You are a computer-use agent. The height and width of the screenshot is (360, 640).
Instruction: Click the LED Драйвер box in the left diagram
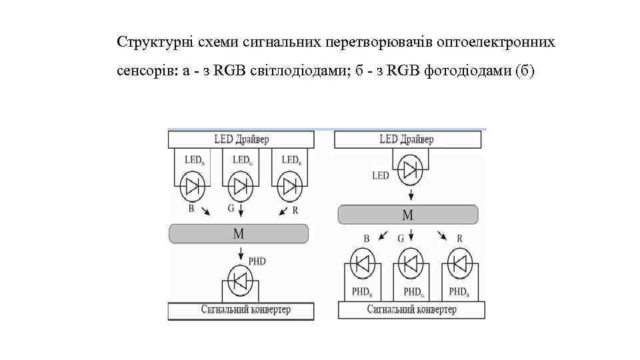click(x=241, y=140)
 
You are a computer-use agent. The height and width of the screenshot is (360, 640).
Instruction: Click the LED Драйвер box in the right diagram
click(x=407, y=140)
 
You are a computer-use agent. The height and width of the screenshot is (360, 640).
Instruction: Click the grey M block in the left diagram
click(x=239, y=233)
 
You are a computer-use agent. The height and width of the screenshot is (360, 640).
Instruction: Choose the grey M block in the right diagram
click(x=407, y=215)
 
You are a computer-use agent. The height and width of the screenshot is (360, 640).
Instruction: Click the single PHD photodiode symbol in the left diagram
click(x=240, y=280)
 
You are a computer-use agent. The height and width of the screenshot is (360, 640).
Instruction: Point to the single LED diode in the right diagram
click(x=409, y=169)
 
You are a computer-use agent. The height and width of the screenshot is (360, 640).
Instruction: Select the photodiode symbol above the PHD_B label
click(x=362, y=264)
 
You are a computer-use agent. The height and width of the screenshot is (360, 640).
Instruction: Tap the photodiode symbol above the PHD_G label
click(x=410, y=264)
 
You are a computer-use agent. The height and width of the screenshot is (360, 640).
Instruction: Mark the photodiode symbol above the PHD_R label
click(x=458, y=264)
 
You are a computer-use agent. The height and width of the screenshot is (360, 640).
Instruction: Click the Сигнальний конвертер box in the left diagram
click(x=241, y=311)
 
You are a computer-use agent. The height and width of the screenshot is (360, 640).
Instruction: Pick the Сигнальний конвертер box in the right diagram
click(x=411, y=311)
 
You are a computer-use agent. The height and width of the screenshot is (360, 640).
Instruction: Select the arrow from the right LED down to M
click(x=410, y=195)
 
